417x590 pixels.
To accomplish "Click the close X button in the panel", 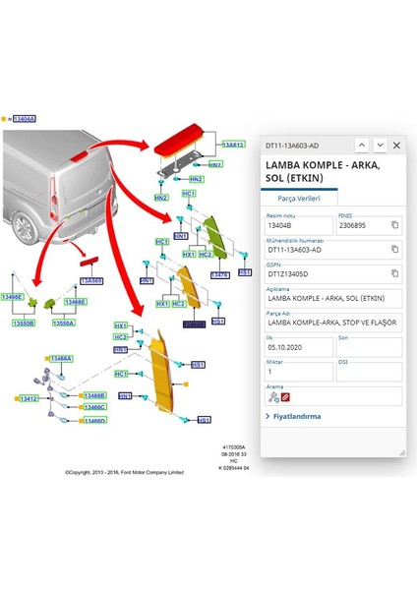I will click(396, 145).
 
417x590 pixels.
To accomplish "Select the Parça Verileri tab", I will click(301, 197).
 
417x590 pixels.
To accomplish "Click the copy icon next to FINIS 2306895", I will click(394, 225).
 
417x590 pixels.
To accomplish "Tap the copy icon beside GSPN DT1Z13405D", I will click(394, 273).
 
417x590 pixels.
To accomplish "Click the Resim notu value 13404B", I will click(298, 225).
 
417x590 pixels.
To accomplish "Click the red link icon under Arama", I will click(286, 397).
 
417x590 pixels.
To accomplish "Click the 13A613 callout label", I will click(232, 145).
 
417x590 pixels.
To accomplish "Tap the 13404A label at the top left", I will click(24, 118).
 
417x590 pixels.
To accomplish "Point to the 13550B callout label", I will click(24, 323).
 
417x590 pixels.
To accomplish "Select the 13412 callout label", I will click(29, 398).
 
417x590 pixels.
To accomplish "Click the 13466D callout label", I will click(94, 421).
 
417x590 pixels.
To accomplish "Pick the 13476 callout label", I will click(220, 275).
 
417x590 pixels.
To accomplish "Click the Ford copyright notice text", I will click(124, 471).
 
